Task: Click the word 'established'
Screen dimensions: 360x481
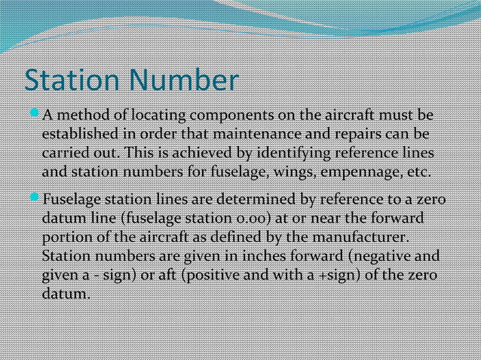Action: coord(78,135)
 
